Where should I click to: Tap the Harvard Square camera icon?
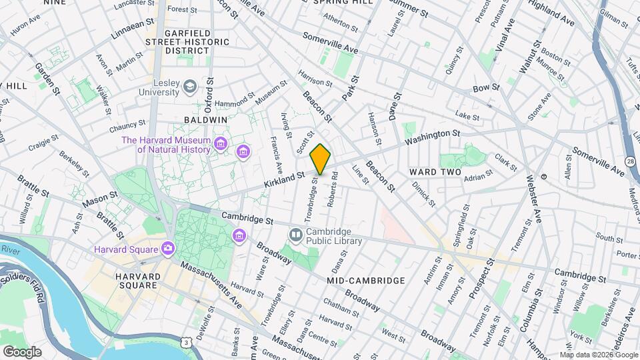(167, 249)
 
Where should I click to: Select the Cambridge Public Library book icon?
(295, 234)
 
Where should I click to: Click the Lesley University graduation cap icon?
(190, 86)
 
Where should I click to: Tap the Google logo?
(22, 351)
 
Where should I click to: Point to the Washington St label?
(432, 138)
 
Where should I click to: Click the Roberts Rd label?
(333, 190)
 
